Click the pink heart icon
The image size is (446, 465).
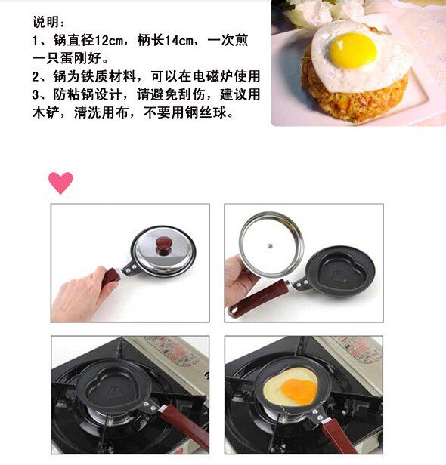pos(60,183)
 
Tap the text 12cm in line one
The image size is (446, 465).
pos(109,40)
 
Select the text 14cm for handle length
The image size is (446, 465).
pos(178,40)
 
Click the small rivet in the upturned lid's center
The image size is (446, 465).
pos(270,245)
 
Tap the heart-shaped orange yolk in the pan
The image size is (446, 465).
pos(299,392)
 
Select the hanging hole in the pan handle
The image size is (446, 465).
pos(233,310)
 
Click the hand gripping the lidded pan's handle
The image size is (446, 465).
pos(85,292)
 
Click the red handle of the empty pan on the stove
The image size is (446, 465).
pos(186,427)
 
